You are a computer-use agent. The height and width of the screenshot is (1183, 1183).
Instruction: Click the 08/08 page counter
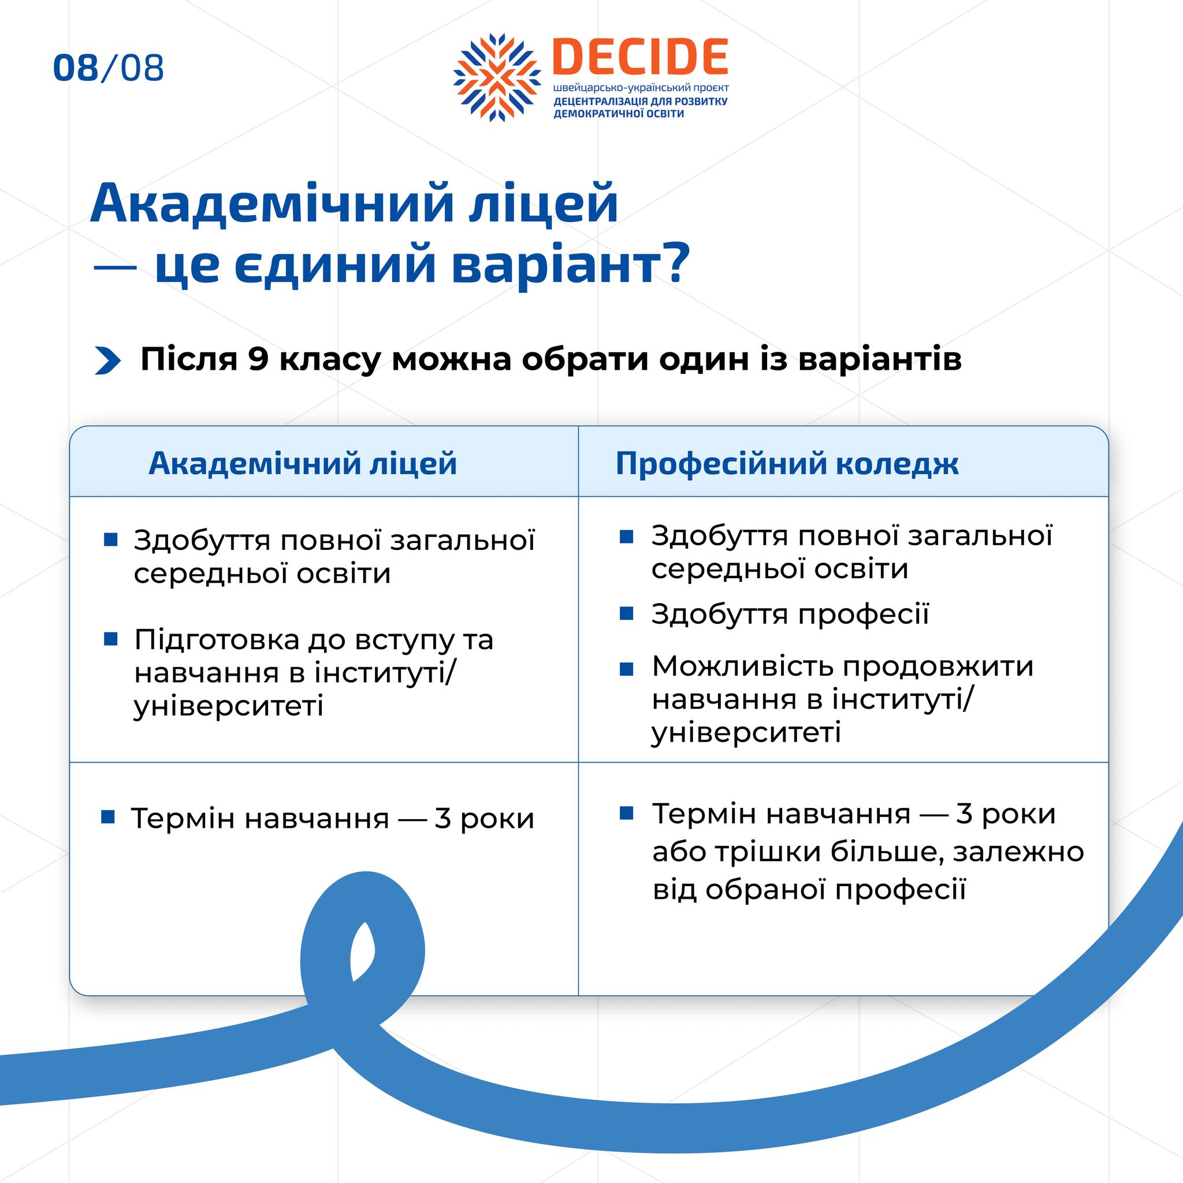109,68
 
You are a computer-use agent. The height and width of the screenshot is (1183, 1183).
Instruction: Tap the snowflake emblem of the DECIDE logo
497,77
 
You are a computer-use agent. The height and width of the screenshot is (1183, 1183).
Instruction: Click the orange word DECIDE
640,57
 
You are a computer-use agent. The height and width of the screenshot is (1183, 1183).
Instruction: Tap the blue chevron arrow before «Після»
108,360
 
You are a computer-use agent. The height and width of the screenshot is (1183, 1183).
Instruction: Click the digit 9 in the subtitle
258,359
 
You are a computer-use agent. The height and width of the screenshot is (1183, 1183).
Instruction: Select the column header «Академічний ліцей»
303,463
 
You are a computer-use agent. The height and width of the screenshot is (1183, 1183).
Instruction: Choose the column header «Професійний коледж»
787,463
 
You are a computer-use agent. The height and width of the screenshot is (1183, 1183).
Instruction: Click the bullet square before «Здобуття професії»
626,613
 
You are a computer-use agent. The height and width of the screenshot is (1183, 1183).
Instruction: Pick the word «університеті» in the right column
746,732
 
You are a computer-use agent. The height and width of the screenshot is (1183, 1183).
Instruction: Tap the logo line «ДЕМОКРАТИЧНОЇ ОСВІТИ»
619,114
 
